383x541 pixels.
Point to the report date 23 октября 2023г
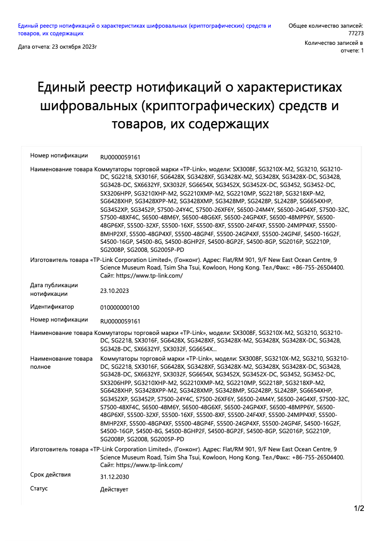click(x=57, y=47)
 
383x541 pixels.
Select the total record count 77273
click(x=356, y=33)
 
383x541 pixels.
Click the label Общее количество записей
click(x=326, y=26)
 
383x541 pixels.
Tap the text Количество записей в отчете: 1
click(x=334, y=47)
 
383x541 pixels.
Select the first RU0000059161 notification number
click(x=120, y=157)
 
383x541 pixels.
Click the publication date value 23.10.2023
click(x=114, y=291)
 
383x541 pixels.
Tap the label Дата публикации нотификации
click(x=54, y=289)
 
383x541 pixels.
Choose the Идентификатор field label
click(x=52, y=307)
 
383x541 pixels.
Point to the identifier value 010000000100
click(x=120, y=308)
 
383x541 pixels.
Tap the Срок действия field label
click(x=50, y=475)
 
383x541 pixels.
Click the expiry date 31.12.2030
click(x=114, y=477)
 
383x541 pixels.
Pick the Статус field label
click(x=39, y=489)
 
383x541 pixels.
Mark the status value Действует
click(x=114, y=489)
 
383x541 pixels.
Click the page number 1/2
click(x=359, y=509)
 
